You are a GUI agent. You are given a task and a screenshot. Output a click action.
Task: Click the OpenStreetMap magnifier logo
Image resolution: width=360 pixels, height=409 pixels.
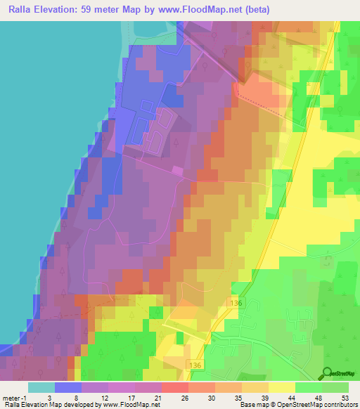(x=328, y=373)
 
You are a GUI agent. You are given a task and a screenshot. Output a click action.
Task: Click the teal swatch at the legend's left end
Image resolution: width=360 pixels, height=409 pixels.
(x=41, y=387)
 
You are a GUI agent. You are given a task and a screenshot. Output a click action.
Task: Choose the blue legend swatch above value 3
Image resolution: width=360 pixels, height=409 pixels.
(x=67, y=387)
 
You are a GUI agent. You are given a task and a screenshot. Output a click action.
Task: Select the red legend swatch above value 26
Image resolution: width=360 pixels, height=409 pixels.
(x=174, y=387)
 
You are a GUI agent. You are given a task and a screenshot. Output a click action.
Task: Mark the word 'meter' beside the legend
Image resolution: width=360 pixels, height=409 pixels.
(x=11, y=397)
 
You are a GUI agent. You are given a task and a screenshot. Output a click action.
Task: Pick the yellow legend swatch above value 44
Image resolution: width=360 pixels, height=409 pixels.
(x=281, y=387)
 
